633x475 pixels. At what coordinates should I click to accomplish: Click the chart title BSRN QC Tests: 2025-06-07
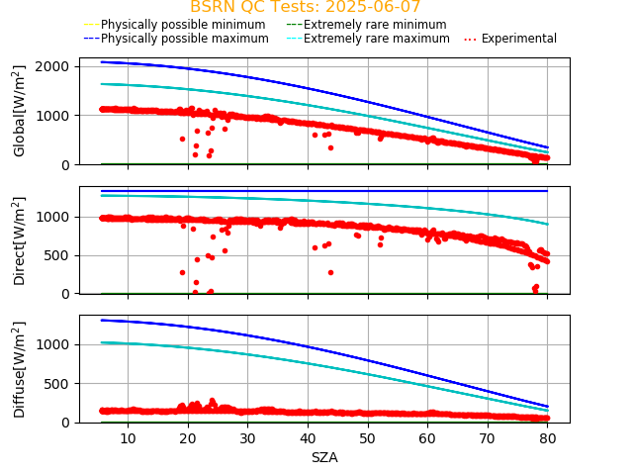pyautogui.click(x=306, y=7)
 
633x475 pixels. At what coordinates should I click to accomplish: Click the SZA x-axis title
pyautogui.click(x=324, y=457)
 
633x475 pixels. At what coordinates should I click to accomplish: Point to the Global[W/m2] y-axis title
pyautogui.click(x=20, y=111)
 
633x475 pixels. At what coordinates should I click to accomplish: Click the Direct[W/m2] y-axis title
pyautogui.click(x=20, y=240)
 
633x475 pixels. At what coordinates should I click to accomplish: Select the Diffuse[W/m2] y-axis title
pyautogui.click(x=20, y=369)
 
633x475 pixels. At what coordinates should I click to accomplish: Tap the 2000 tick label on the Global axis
pyautogui.click(x=56, y=66)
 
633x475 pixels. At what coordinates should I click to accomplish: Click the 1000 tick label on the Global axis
pyautogui.click(x=56, y=116)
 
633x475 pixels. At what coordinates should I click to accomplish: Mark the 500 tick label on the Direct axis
pyautogui.click(x=60, y=255)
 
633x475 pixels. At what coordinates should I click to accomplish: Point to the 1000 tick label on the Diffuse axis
pyautogui.click(x=56, y=344)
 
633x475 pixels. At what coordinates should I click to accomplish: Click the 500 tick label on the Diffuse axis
pyautogui.click(x=60, y=384)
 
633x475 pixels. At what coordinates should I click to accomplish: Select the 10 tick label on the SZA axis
pyautogui.click(x=128, y=438)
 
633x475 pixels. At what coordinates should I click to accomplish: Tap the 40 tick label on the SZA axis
pyautogui.click(x=308, y=438)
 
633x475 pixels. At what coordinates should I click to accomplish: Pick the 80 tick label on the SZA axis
pyautogui.click(x=548, y=438)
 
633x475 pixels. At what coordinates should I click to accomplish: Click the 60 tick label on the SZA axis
pyautogui.click(x=427, y=438)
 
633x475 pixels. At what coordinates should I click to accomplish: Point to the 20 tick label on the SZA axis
pyautogui.click(x=188, y=438)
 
